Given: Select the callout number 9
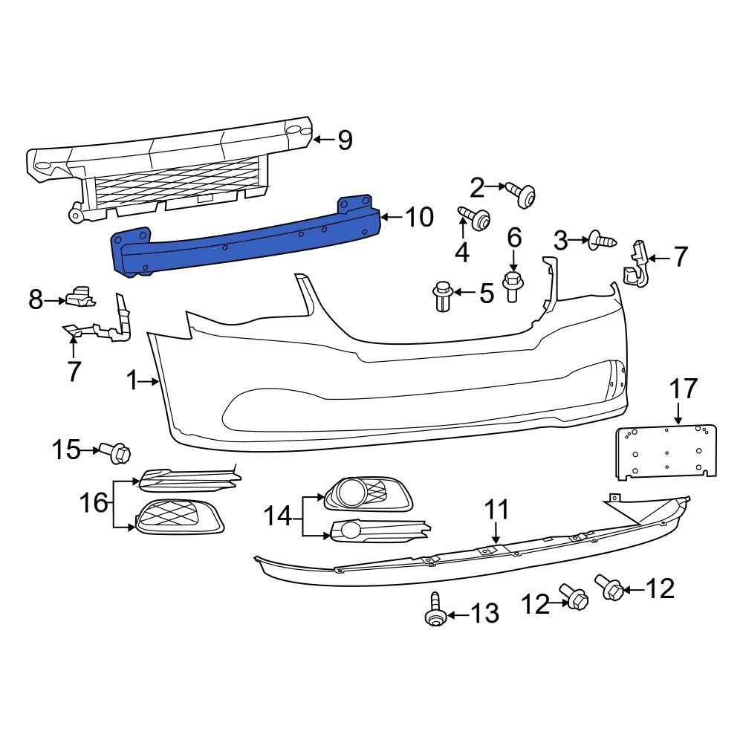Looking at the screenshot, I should pyautogui.click(x=344, y=140).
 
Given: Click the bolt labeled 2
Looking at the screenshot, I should pyautogui.click(x=524, y=195).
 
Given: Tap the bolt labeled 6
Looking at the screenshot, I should pyautogui.click(x=513, y=286).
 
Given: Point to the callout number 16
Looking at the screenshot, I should pyautogui.click(x=94, y=503).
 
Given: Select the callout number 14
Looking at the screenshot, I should pyautogui.click(x=279, y=516).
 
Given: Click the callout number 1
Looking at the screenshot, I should pyautogui.click(x=132, y=381).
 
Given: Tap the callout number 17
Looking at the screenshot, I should pyautogui.click(x=684, y=389).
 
